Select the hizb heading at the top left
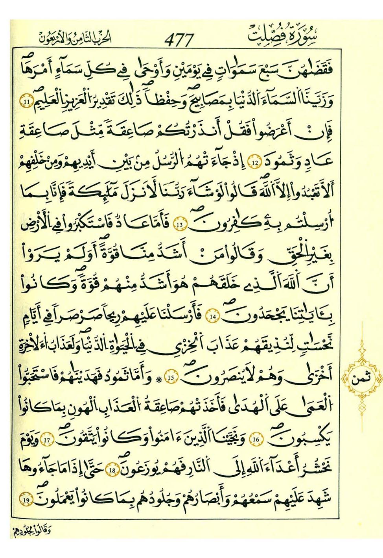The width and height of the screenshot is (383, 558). [76, 38]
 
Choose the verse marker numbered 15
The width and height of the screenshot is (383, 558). [171, 377]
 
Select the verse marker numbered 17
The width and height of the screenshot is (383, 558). [48, 439]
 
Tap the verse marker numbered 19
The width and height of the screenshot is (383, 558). [27, 500]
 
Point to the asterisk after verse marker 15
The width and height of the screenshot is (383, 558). [159, 379]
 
